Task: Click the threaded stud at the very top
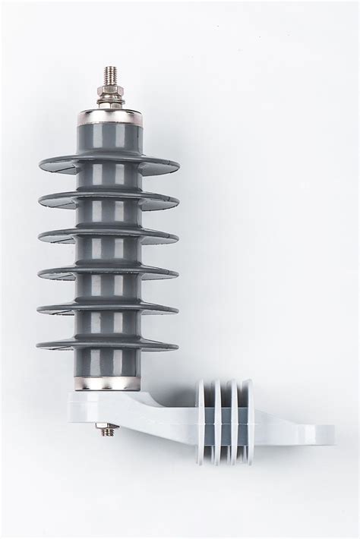pyautogui.click(x=109, y=76)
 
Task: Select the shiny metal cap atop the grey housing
pyautogui.click(x=109, y=116)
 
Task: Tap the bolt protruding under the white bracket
pyautogui.click(x=108, y=430)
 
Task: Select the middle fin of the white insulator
pyautogui.click(x=226, y=421)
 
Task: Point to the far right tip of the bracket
pyautogui.click(x=328, y=435)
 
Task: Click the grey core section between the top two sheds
pyautogui.click(x=109, y=182)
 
